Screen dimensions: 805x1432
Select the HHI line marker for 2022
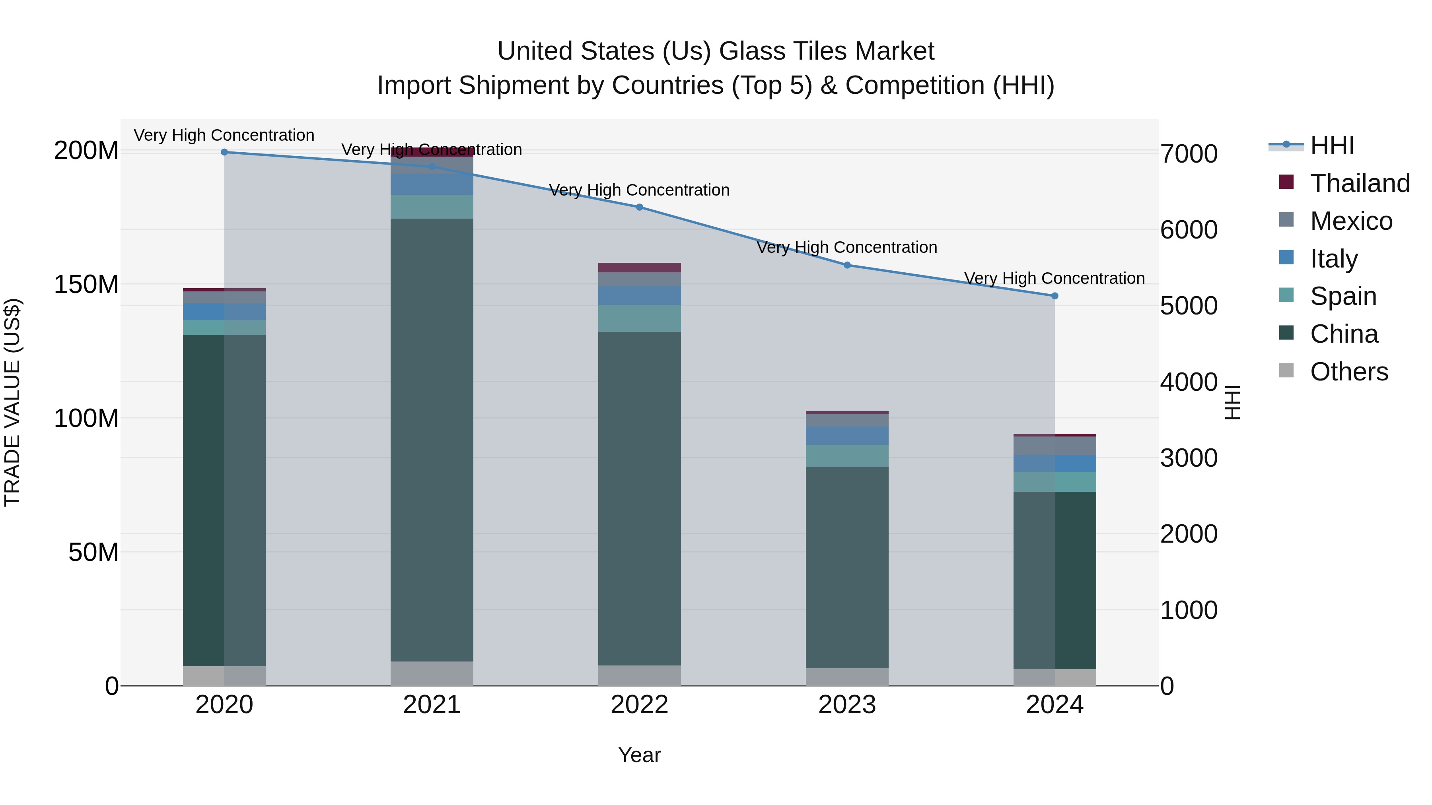coord(639,207)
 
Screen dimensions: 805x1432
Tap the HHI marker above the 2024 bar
coord(1055,296)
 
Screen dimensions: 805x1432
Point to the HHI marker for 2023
coord(847,265)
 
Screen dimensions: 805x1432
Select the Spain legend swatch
coord(1286,295)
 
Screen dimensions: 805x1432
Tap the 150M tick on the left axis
coord(86,285)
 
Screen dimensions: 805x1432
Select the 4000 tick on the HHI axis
coord(1189,382)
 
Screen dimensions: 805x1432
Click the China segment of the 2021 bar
coord(432,439)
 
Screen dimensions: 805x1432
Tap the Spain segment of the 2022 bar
coord(639,318)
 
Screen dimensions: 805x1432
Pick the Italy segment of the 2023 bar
coord(847,436)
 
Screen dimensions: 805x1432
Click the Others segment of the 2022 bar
coord(639,675)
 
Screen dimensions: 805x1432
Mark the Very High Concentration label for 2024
coord(1054,278)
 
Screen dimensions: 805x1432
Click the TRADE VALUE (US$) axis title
coord(12,403)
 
